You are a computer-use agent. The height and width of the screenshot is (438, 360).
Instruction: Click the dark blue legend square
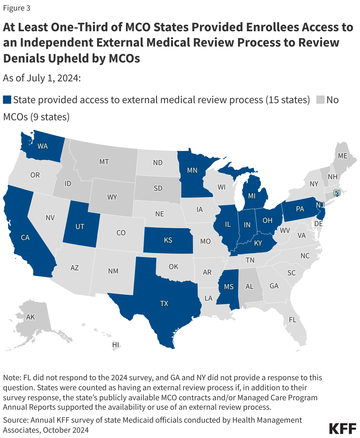7,100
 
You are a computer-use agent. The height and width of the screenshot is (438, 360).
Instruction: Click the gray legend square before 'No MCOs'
320,100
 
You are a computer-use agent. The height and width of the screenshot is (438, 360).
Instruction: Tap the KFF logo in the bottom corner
343,428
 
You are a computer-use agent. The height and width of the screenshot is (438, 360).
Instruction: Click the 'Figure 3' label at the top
17,8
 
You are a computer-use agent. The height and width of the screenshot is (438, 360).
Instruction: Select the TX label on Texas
164,303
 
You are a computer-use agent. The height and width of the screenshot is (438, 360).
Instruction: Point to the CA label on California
25,237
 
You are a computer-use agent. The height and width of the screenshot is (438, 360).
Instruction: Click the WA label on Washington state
42,146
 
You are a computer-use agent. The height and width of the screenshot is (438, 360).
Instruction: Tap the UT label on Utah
80,226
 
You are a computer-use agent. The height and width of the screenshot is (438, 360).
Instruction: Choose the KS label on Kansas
168,240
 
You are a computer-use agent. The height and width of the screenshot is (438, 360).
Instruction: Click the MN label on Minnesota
192,170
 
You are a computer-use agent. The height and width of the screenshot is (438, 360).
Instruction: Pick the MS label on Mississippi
229,287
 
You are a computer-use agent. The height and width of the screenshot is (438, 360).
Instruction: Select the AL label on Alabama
250,286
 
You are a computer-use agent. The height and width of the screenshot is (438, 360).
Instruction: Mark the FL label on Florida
292,320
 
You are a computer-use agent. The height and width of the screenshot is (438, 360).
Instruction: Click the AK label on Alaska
30,317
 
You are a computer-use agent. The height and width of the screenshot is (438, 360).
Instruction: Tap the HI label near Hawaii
115,345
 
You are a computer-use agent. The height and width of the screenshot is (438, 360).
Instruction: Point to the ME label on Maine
343,156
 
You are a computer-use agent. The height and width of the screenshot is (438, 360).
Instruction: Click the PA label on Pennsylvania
300,209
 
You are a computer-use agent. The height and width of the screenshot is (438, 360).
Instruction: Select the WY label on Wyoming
112,197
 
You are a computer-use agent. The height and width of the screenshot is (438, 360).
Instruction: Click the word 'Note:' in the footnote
12,378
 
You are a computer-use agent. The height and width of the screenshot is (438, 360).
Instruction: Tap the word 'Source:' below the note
16,420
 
